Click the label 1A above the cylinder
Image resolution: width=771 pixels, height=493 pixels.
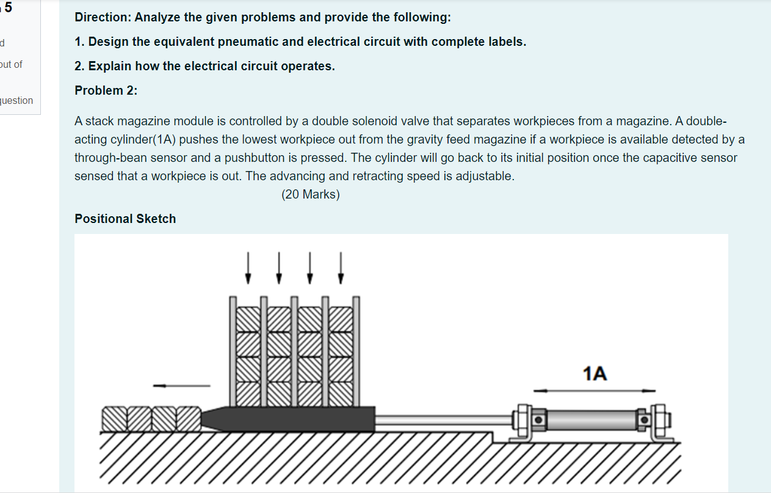[x=595, y=373]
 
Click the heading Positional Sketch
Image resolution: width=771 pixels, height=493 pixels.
[x=125, y=219]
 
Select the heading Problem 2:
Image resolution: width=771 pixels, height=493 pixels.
[x=106, y=90]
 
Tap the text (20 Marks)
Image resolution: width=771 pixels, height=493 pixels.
[x=311, y=195]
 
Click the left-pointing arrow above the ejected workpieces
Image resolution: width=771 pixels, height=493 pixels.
[x=181, y=385]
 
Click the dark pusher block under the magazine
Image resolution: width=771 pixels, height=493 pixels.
[x=293, y=418]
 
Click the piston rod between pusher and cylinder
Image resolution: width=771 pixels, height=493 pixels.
[x=443, y=419]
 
